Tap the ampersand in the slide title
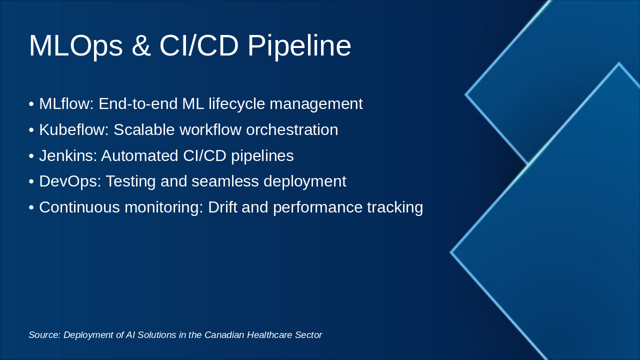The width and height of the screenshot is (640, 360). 141,45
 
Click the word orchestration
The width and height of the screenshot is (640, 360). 292,129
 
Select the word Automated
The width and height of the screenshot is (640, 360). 139,155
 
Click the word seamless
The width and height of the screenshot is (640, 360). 225,181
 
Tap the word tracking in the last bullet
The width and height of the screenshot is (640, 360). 395,207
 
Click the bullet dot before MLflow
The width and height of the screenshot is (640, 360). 31,104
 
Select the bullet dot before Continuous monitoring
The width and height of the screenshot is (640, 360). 31,207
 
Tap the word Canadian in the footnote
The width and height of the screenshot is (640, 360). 224,335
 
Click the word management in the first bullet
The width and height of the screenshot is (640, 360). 316,104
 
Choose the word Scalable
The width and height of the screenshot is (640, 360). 144,129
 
